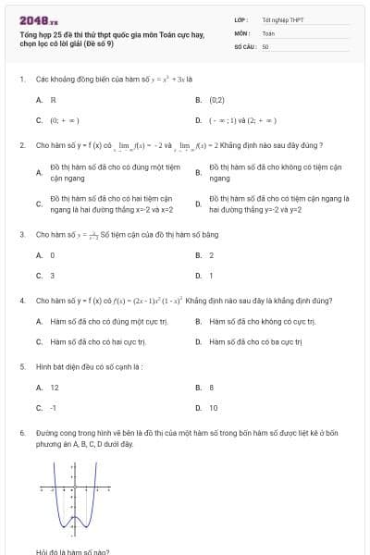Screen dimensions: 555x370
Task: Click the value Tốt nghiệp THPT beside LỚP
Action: click(282, 19)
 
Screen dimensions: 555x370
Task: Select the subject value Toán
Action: click(268, 32)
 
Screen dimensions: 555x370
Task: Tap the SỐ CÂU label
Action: click(244, 45)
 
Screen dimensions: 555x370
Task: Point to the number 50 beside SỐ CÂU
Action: click(265, 45)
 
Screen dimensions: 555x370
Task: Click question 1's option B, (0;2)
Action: click(216, 99)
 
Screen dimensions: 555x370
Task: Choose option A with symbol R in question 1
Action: click(54, 99)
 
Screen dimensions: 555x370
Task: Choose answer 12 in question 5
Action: click(55, 388)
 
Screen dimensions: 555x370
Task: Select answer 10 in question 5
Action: click(214, 408)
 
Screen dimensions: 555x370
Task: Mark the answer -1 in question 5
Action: click(54, 408)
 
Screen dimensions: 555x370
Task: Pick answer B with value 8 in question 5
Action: click(212, 388)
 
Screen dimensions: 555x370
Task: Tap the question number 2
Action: click(21, 146)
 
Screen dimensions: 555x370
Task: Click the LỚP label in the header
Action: click(241, 19)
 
